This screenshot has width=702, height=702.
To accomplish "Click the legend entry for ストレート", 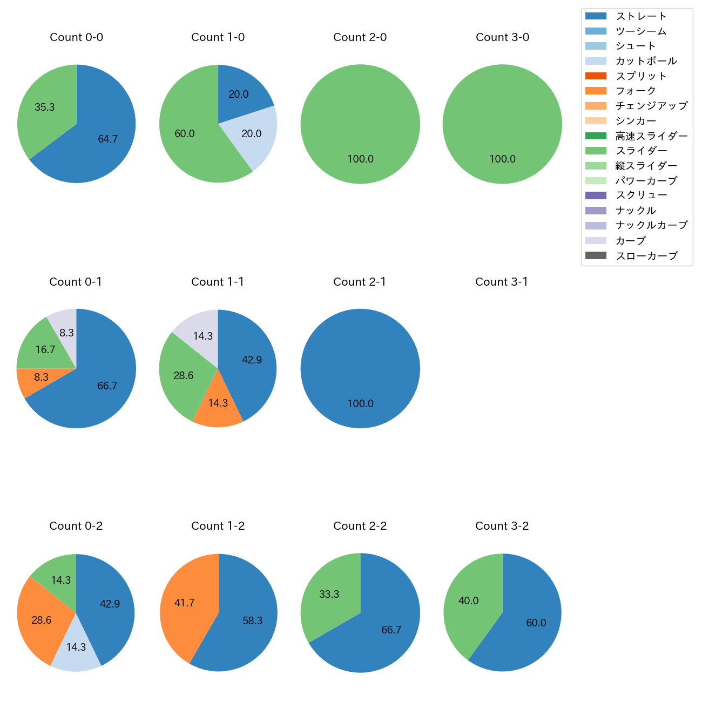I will click(641, 16).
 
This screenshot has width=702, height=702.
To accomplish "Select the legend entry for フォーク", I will click(636, 91).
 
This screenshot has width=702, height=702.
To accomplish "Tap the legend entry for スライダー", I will click(641, 151).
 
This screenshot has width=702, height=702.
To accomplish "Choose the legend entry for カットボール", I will click(646, 61).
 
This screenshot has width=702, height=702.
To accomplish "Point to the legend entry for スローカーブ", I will click(646, 256).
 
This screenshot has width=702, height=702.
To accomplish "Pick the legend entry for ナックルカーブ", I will click(651, 225).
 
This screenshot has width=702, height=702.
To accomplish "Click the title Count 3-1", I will click(502, 282).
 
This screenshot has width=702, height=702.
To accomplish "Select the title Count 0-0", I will click(77, 37).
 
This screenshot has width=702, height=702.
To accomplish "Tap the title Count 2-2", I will click(360, 526).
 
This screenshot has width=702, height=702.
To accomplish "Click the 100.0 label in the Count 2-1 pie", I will click(361, 404).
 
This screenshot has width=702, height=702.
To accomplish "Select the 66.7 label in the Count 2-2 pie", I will click(391, 630).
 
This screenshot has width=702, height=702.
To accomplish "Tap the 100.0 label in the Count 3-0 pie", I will click(503, 159).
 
